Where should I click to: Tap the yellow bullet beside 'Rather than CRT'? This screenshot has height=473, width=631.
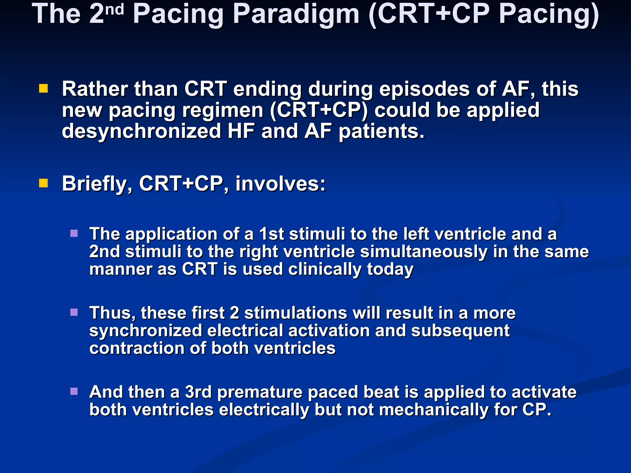(43, 89)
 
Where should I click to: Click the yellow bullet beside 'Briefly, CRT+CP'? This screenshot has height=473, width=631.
(43, 184)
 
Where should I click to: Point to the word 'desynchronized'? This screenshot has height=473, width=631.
(141, 131)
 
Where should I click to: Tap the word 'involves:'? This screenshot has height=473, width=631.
(280, 184)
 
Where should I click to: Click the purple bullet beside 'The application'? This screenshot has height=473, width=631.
(74, 233)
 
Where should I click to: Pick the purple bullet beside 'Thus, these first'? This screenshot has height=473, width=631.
(74, 313)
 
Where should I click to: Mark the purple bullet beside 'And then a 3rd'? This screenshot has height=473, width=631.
(74, 391)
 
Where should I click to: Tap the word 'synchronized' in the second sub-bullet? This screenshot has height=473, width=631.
(145, 331)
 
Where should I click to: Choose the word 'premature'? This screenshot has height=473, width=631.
(260, 392)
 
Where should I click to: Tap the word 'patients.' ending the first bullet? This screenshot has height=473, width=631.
(381, 131)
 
